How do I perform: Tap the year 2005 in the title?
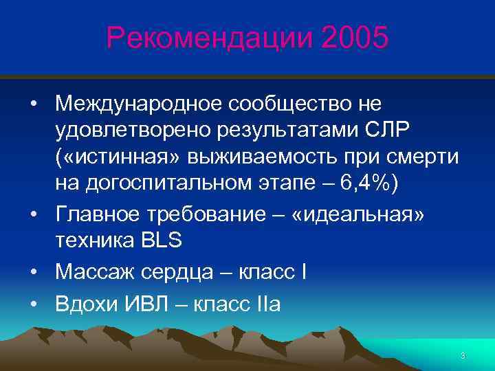pyautogui.click(x=353, y=38)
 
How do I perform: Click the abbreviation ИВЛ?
pyautogui.click(x=150, y=303)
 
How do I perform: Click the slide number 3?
pyautogui.click(x=463, y=355)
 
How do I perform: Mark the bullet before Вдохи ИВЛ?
pyautogui.click(x=34, y=304)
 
